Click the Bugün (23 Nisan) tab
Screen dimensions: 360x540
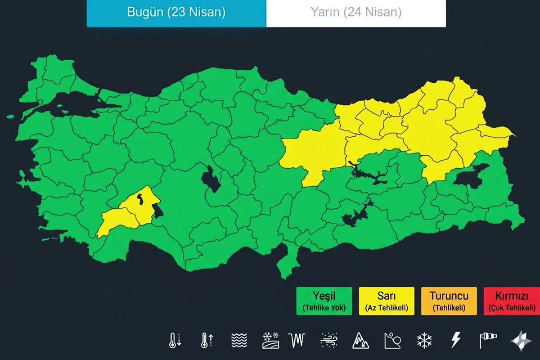coord(176,13)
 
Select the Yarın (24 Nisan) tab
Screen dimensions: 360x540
coord(356,13)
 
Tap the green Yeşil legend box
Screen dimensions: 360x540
coord(324,301)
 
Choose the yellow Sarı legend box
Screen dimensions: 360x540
coord(387,301)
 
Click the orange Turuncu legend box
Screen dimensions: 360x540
coord(449,301)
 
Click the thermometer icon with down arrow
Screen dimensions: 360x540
coord(175,340)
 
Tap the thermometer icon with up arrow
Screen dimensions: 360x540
coord(207,340)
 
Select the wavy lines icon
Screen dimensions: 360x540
coord(239,340)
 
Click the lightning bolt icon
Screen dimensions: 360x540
coord(456,340)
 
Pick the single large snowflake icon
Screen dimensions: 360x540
coord(424,340)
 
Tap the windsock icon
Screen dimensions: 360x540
coord(488,340)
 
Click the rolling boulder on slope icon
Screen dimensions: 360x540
coord(392,340)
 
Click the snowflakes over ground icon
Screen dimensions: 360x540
coord(270,340)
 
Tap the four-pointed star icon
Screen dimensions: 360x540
coord(520,340)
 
